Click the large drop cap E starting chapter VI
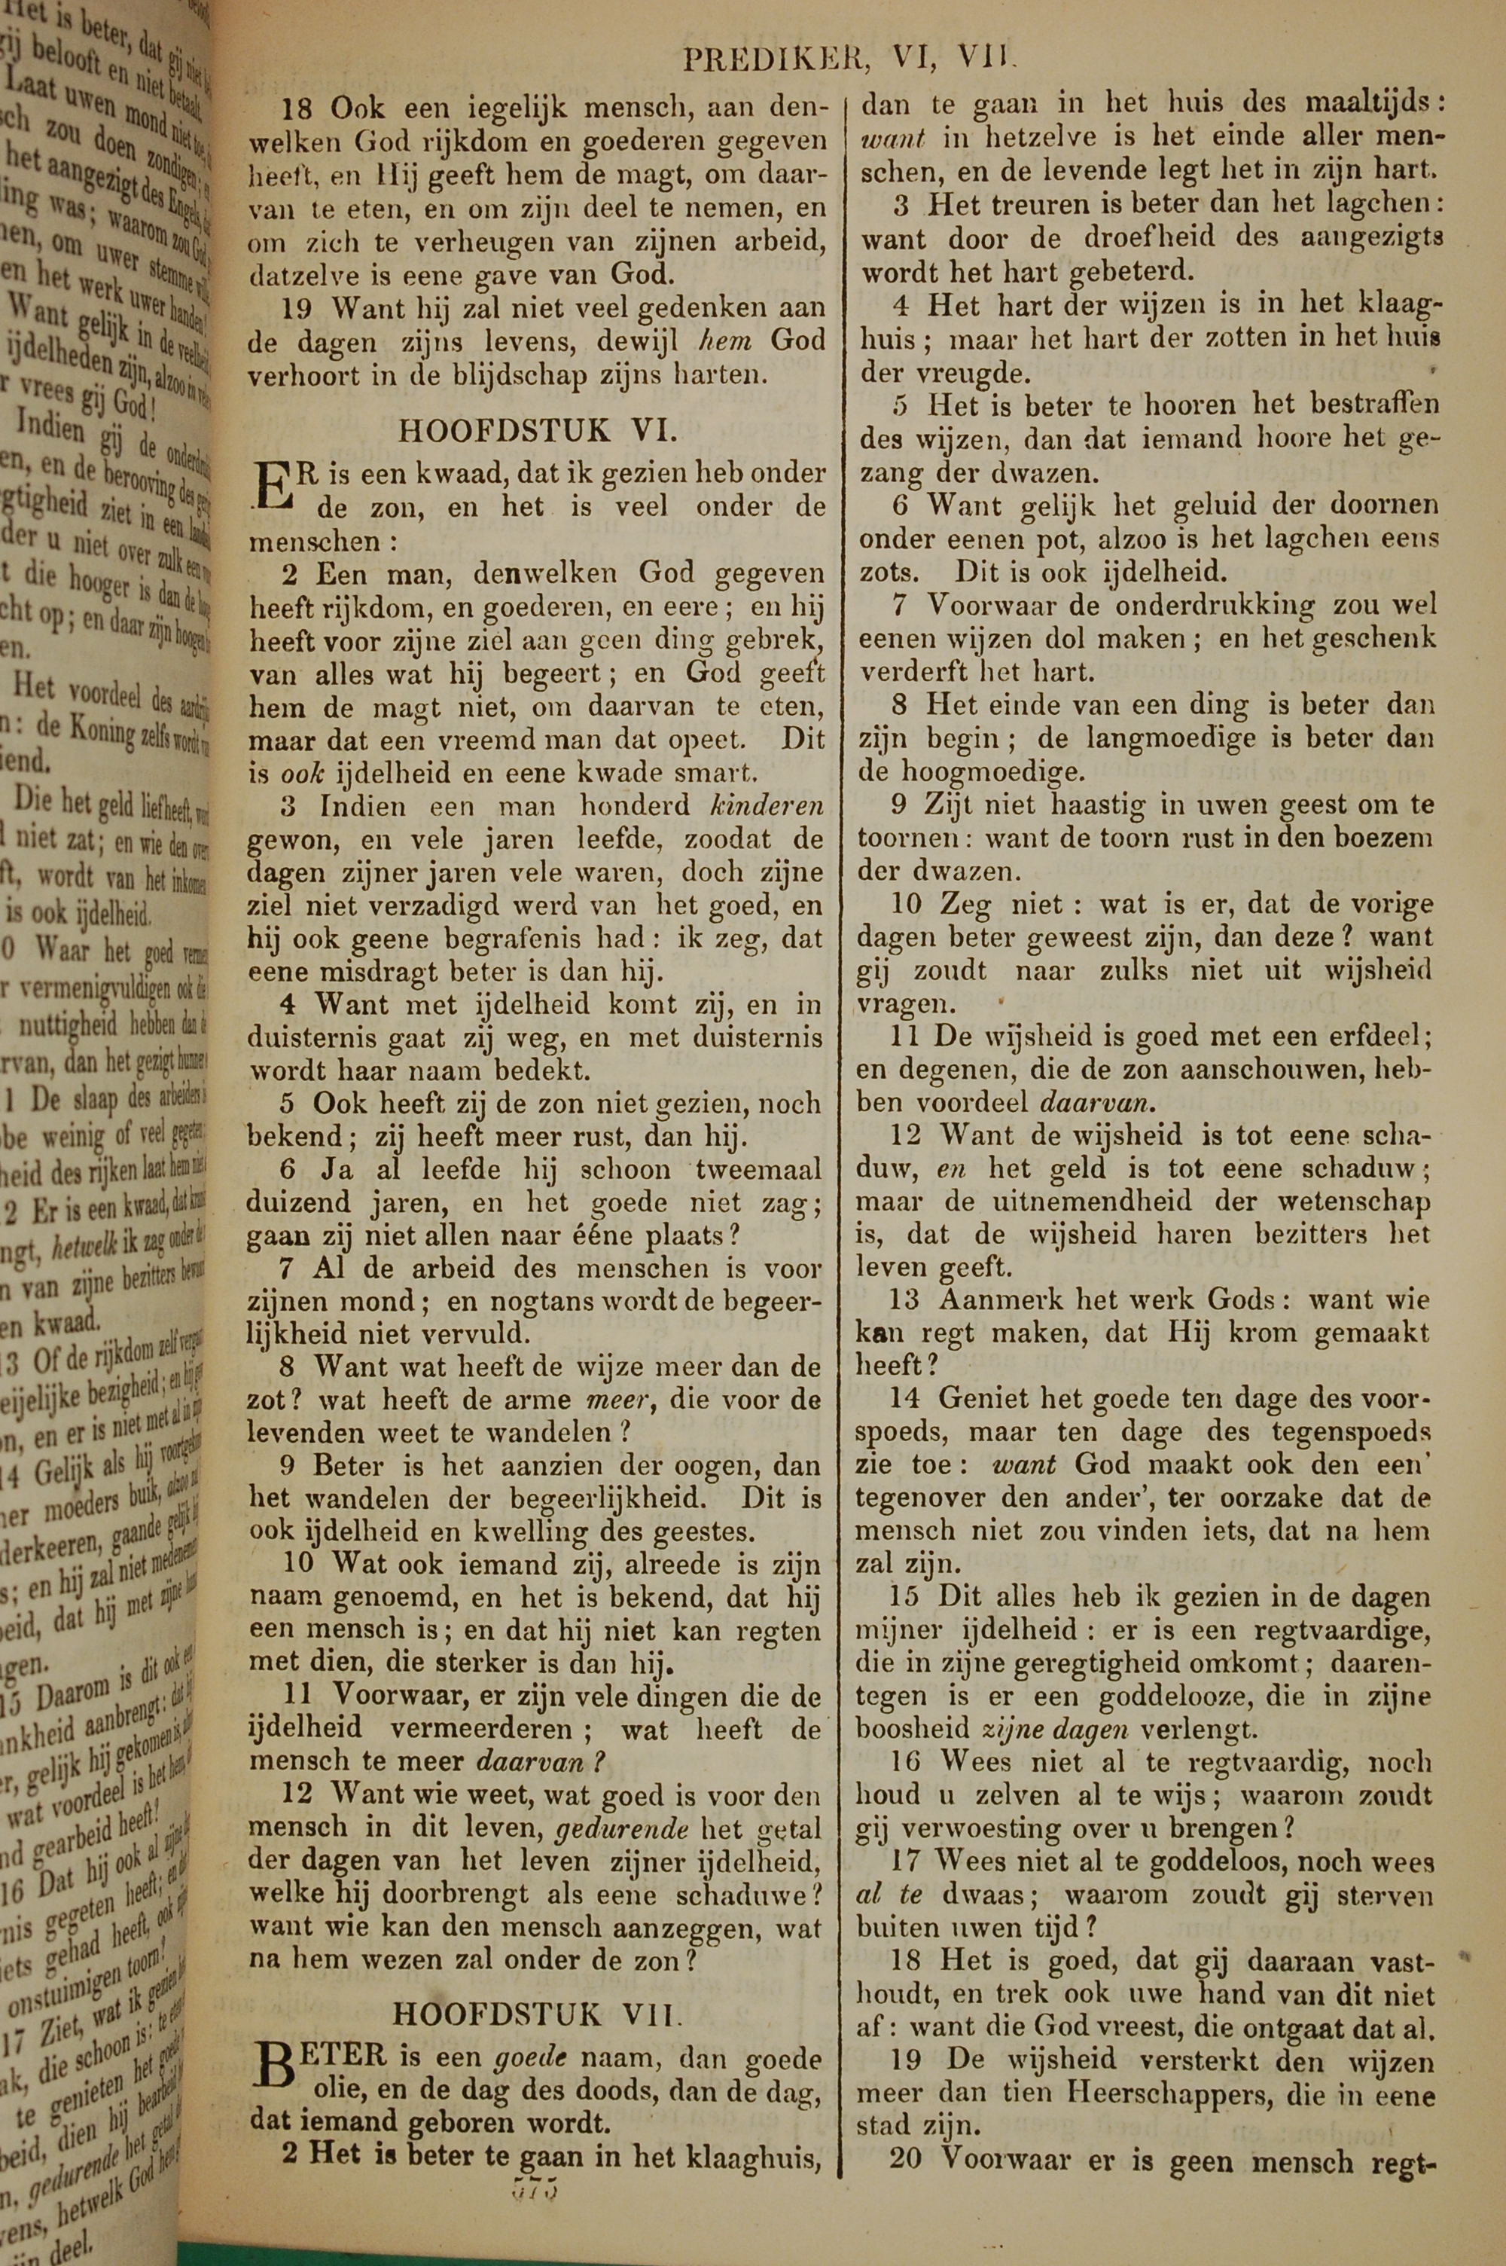coord(272,485)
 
